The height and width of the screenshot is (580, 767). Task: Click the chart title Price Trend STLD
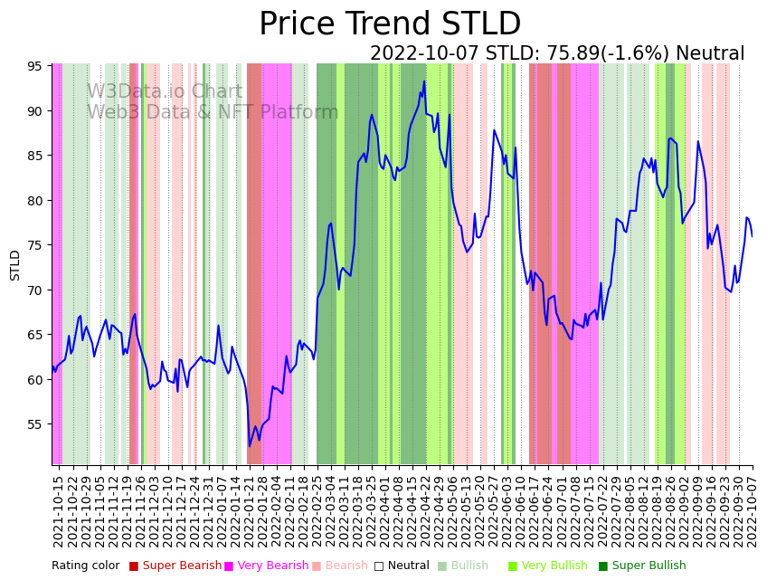[390, 24]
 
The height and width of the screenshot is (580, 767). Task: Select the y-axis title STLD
[15, 264]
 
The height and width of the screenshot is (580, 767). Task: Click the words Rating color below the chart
[85, 566]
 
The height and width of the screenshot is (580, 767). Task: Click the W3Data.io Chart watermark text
[165, 92]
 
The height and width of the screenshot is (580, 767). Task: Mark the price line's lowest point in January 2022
[250, 446]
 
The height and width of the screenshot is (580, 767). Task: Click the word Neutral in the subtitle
[710, 54]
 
